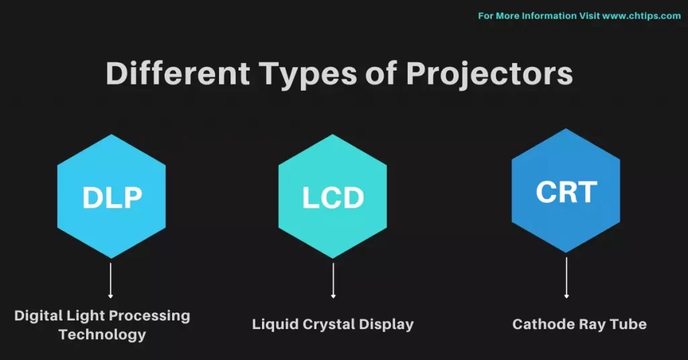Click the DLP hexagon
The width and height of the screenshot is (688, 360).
pyautogui.click(x=112, y=197)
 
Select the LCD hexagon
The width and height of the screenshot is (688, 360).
pyautogui.click(x=333, y=197)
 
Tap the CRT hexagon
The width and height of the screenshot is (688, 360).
pyautogui.click(x=566, y=191)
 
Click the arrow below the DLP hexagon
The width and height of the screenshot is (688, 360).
pyautogui.click(x=111, y=279)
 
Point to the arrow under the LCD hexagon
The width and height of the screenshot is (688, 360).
pyautogui.click(x=333, y=279)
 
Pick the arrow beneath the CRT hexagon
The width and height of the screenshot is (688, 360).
pyautogui.click(x=566, y=277)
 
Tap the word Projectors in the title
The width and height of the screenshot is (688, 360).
pyautogui.click(x=489, y=74)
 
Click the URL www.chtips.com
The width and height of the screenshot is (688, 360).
pyautogui.click(x=641, y=15)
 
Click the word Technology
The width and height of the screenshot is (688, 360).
pyautogui.click(x=102, y=334)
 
